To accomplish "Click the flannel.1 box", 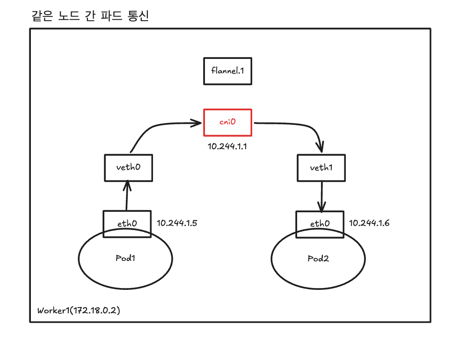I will click(x=227, y=71).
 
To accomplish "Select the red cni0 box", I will click(x=227, y=122).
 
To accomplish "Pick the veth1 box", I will click(x=321, y=168).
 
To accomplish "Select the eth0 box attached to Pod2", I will click(x=320, y=223).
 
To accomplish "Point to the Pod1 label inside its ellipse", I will click(x=125, y=258).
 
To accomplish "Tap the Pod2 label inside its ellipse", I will click(x=318, y=259).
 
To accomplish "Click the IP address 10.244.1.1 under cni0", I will click(x=227, y=146).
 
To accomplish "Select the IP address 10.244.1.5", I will click(x=177, y=223).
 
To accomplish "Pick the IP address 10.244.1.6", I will click(x=369, y=223).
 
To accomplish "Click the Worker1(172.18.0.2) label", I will click(x=79, y=310).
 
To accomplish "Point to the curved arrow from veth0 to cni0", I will click(x=154, y=128).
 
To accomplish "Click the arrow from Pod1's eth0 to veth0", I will click(x=126, y=196).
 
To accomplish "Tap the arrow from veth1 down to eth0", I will click(x=321, y=196).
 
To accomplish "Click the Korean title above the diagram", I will click(x=89, y=16).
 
